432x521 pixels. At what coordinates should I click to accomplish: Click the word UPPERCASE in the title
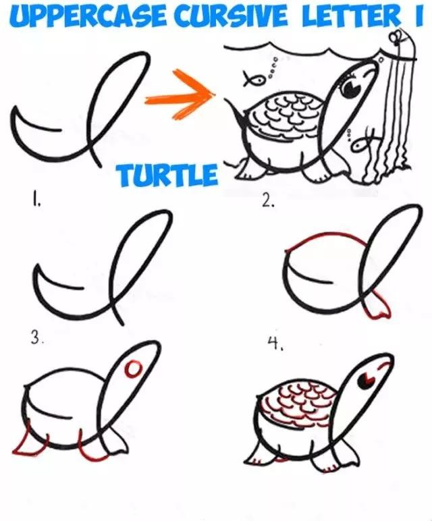click(88, 16)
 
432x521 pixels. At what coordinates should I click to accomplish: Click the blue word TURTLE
click(167, 174)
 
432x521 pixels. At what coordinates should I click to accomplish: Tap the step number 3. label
click(37, 338)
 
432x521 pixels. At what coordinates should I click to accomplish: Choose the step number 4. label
click(276, 344)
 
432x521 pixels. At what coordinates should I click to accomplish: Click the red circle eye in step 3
click(132, 369)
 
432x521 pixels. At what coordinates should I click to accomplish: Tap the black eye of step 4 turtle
click(366, 379)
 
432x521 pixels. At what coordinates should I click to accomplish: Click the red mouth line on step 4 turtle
click(383, 365)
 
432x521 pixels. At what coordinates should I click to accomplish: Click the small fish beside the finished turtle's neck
click(363, 142)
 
